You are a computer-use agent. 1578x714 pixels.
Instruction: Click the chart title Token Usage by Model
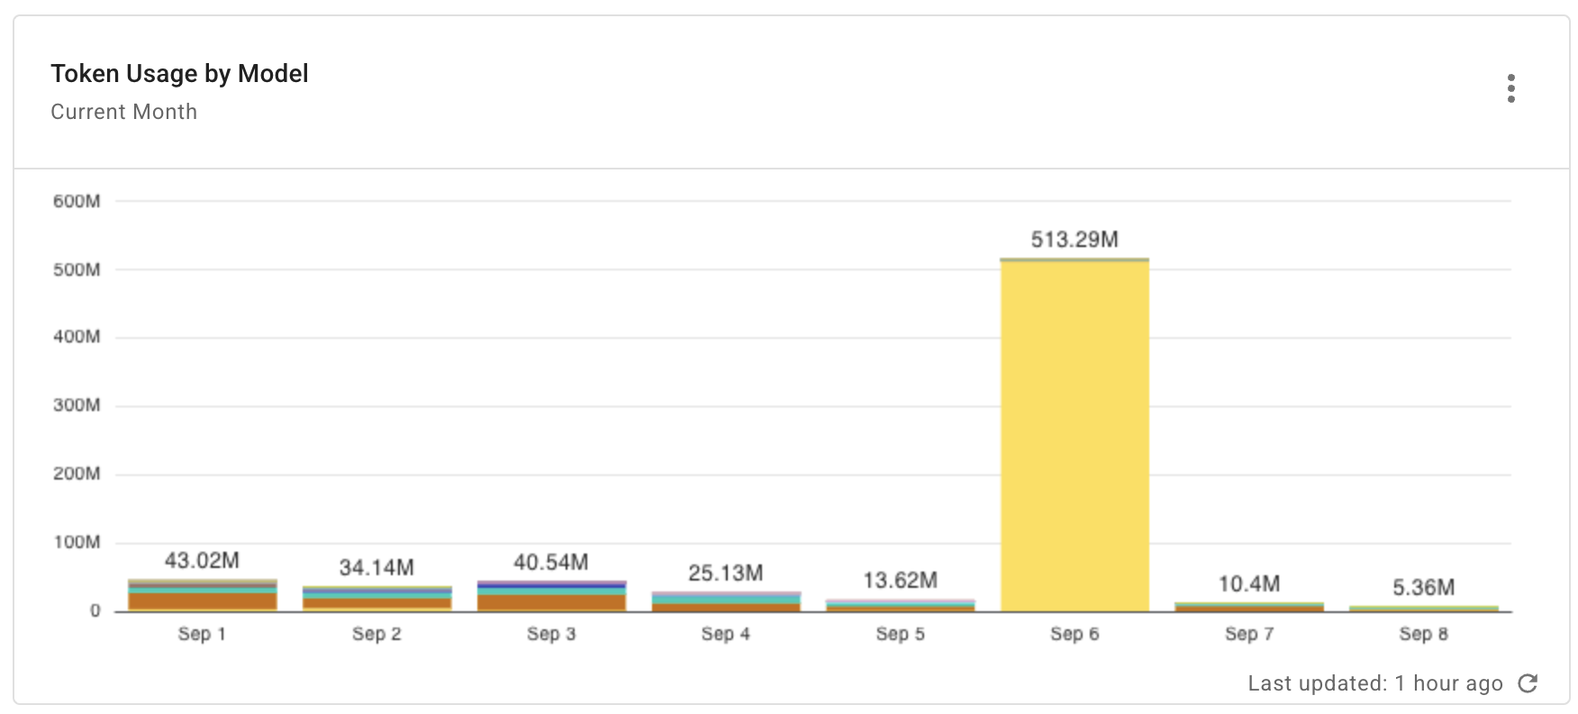click(179, 74)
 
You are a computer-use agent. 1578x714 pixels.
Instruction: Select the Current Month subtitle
click(123, 112)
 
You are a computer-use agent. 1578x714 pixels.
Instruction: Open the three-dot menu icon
click(1510, 88)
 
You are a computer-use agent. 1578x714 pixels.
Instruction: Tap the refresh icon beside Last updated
click(1528, 683)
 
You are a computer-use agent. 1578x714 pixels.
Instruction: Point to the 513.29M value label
click(1075, 240)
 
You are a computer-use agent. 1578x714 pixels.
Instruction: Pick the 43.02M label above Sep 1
click(202, 561)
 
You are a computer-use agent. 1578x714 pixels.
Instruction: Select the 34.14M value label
click(376, 568)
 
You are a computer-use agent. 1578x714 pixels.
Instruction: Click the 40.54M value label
click(551, 563)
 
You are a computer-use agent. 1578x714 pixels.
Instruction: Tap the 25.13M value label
click(726, 573)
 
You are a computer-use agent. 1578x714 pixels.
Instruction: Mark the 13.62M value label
click(900, 581)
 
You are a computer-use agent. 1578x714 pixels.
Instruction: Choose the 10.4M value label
click(1249, 584)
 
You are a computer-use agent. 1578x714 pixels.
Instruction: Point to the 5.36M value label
click(1423, 588)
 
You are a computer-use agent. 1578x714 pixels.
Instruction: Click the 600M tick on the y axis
click(77, 201)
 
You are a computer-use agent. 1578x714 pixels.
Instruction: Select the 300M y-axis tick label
click(77, 406)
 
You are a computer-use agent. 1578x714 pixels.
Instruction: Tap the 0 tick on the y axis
click(95, 611)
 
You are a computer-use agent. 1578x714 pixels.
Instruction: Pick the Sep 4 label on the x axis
click(726, 634)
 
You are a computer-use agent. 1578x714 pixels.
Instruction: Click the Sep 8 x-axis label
click(1423, 634)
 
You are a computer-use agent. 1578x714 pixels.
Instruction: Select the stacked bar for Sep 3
click(551, 597)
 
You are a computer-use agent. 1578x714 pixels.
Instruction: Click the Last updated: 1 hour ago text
click(1374, 683)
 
